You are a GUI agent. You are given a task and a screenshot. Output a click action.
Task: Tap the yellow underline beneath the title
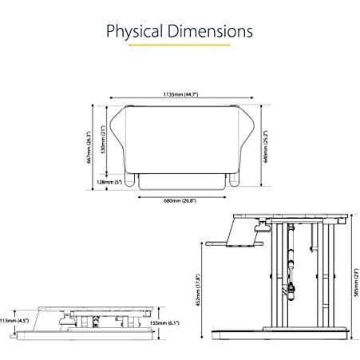180,46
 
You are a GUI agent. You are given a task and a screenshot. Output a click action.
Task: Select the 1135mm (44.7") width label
180,94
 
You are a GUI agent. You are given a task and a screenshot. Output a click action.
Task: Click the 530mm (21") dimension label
102,140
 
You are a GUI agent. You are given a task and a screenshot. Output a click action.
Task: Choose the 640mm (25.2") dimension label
266,146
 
